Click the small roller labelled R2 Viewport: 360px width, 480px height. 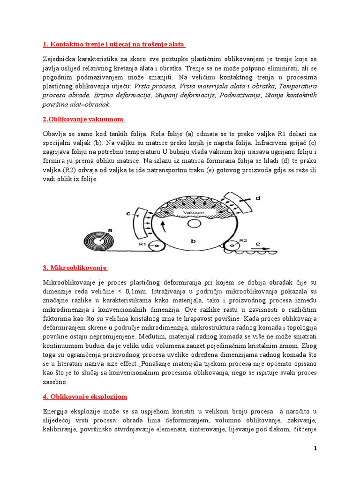pyautogui.click(x=232, y=244)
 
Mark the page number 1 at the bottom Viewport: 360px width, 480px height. pyautogui.click(x=315, y=449)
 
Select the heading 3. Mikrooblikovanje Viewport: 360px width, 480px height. pyautogui.click(x=75, y=268)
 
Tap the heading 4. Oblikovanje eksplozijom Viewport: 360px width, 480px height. pyautogui.click(x=85, y=397)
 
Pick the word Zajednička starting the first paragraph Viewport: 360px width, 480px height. pyautogui.click(x=61, y=60)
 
